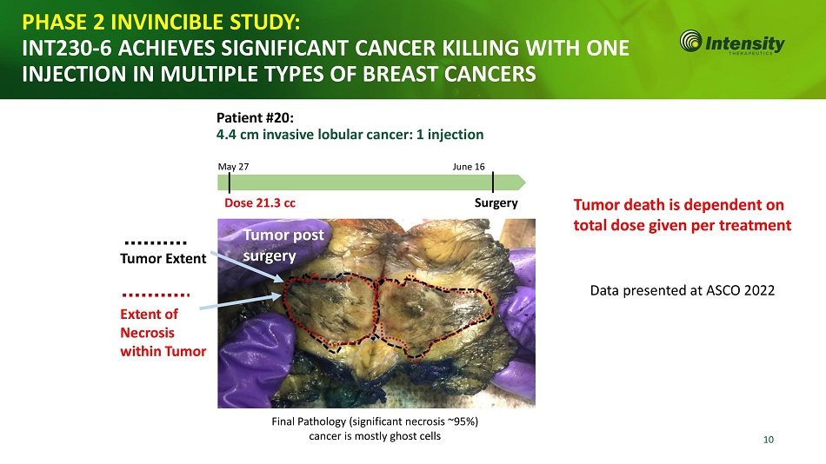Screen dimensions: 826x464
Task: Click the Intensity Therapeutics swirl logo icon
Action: [x=690, y=41]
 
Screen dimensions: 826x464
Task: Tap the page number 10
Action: [x=769, y=440]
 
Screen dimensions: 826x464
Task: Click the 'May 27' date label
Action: [x=233, y=167]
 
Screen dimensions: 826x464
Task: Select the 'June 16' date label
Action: [x=469, y=167]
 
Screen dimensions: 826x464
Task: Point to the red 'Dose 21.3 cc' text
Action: [x=260, y=202]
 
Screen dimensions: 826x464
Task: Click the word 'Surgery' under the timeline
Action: [x=496, y=203]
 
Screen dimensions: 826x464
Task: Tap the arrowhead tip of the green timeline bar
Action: [x=525, y=182]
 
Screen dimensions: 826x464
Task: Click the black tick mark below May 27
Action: [x=230, y=182]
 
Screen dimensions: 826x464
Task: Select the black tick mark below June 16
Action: [x=493, y=182]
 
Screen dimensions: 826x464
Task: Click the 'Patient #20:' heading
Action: [x=255, y=117]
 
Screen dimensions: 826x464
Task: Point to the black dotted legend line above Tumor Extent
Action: [x=156, y=242]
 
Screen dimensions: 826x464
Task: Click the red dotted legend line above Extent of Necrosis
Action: [x=156, y=295]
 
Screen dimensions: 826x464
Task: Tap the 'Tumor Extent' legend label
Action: [x=163, y=259]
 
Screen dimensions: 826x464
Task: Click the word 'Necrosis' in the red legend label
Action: [x=148, y=333]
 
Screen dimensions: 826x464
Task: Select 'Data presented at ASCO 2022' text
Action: [x=683, y=291]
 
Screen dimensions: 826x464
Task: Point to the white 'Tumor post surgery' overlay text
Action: [x=283, y=245]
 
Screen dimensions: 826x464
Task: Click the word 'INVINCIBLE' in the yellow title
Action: [x=168, y=22]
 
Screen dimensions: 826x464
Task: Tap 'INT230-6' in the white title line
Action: [x=66, y=49]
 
